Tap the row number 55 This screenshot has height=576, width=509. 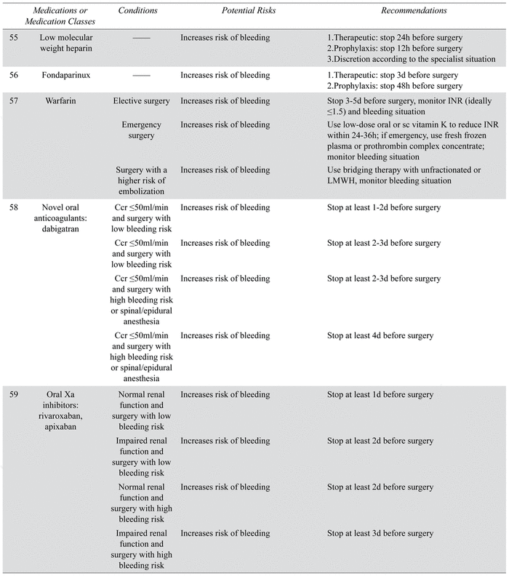tap(14, 37)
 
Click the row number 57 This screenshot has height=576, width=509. tap(14, 100)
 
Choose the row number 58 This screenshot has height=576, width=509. tap(14, 207)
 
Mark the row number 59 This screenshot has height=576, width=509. tap(14, 394)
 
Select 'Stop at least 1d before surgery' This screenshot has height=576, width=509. tap(380, 394)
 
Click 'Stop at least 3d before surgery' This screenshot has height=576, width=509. tap(380, 533)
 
